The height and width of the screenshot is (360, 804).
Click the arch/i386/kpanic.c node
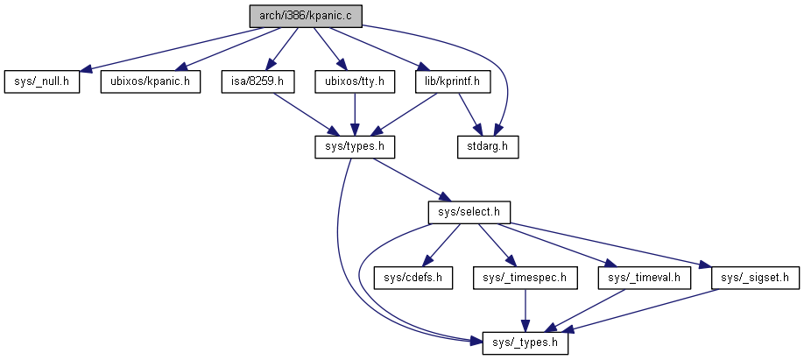[300, 16]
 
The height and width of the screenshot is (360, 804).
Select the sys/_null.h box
[41, 82]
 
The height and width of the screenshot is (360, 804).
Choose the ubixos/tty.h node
[354, 82]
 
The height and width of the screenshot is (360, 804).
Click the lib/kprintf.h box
[453, 82]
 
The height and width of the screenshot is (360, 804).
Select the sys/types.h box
[354, 147]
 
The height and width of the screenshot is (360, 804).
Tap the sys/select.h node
[469, 212]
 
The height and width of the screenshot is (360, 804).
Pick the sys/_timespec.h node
[525, 279]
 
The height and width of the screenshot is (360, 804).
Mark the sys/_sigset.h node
[755, 279]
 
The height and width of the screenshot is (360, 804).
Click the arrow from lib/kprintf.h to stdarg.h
[469, 115]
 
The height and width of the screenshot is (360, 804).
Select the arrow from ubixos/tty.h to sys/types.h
[354, 115]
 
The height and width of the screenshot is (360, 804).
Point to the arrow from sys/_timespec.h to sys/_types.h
[525, 311]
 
